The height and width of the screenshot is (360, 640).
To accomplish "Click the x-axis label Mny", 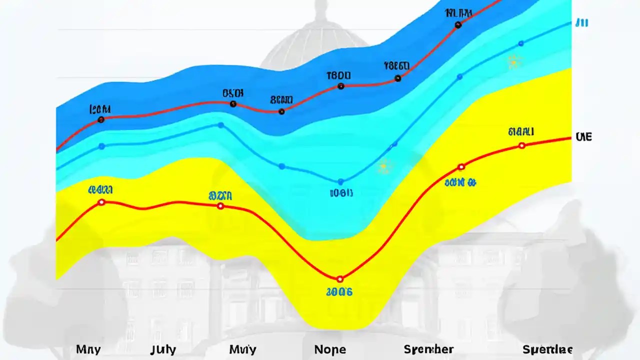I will tap(88, 349).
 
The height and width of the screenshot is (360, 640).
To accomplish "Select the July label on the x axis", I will tap(163, 349).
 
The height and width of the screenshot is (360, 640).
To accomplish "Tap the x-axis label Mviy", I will tap(243, 349).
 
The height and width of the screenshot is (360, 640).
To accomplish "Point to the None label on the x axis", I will tap(330, 349).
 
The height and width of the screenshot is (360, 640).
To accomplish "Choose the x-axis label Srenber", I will tap(428, 349).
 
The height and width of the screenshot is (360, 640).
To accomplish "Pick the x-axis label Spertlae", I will tap(547, 349).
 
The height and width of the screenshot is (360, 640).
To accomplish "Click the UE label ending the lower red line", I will tap(583, 136).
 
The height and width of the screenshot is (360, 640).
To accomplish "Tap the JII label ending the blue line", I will tap(581, 22).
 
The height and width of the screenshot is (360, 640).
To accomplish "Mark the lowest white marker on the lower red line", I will tap(340, 279).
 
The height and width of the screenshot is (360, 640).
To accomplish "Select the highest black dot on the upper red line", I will tap(458, 25).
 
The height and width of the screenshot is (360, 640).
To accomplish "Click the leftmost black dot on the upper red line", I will tap(101, 119).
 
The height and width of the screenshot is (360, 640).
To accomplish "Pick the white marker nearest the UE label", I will tap(522, 145).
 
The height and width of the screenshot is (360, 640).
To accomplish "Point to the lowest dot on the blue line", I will tap(341, 182).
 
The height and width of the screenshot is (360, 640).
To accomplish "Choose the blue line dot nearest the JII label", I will tap(521, 43).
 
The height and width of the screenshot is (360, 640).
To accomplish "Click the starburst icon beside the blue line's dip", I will tap(384, 166).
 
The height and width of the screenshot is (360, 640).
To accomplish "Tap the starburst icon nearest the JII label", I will tap(514, 62).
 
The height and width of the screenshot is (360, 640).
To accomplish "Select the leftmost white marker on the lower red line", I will tap(101, 202).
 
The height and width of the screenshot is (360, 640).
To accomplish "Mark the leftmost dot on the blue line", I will tap(102, 146).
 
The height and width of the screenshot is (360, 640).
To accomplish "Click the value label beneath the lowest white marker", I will tap(339, 291).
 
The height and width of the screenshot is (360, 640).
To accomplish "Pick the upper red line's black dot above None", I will tap(341, 86).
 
